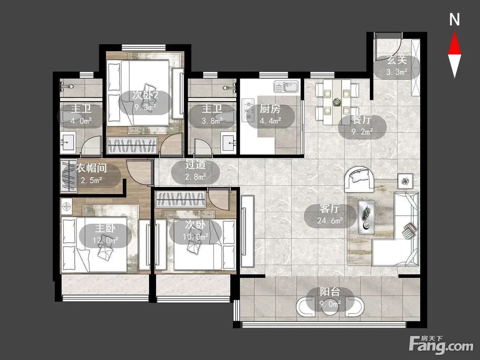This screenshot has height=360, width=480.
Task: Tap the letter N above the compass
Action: pos(455,20)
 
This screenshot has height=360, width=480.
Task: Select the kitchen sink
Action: pos(286,86)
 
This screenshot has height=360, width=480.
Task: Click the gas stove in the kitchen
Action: pos(248,110)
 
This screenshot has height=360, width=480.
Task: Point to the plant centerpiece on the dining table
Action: pos(337,102)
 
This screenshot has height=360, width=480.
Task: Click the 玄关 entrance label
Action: pos(397,60)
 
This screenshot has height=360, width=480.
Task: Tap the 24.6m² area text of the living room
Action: pos(330,221)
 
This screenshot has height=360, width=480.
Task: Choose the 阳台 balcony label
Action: pos(330,292)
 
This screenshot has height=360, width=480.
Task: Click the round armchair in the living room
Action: pos(359,179)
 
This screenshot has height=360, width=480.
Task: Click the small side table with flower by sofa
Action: pos(405,181)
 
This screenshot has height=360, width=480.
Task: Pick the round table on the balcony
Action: pos(329,309)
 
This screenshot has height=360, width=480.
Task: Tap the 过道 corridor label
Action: pos(195,165)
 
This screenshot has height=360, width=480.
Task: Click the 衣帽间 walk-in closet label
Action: pos(91,168)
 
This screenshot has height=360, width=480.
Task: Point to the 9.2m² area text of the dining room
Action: pos(362,132)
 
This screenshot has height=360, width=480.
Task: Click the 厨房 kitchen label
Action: pos(270,109)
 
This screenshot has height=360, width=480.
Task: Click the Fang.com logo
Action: pos(441,346)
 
